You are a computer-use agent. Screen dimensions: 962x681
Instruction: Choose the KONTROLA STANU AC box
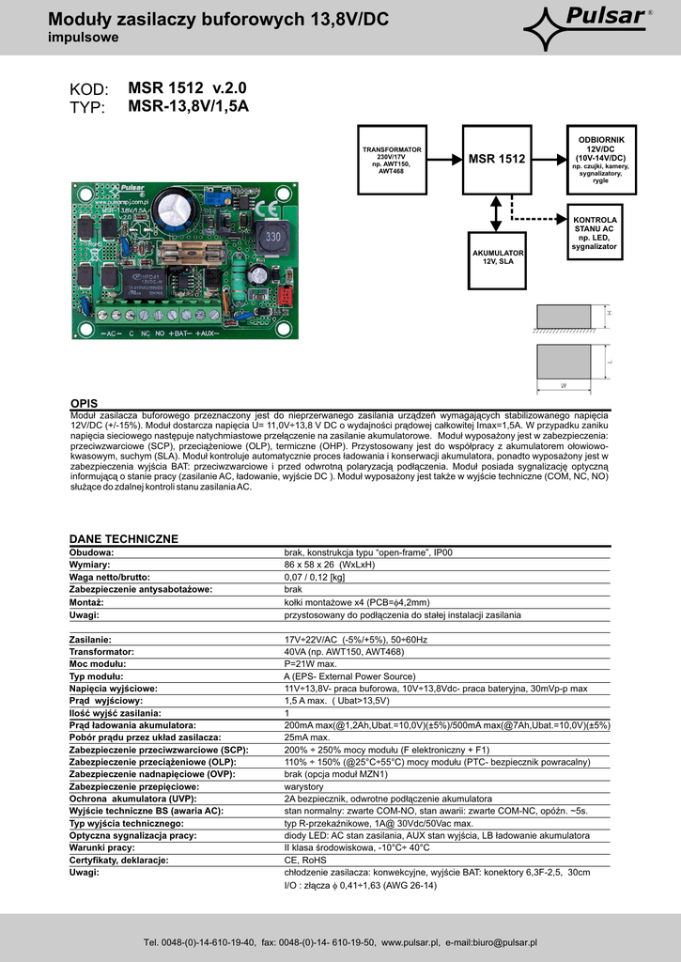595,233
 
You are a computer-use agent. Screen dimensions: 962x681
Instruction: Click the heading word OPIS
84,403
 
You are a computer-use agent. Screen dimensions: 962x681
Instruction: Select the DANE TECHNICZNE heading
123,538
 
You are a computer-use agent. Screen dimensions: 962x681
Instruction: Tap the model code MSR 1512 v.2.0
188,87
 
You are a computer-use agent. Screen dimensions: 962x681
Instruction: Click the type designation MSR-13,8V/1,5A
188,106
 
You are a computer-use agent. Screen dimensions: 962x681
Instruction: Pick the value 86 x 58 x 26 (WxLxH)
329,565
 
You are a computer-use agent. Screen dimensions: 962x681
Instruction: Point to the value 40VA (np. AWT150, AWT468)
344,651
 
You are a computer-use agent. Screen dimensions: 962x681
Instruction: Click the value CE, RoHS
306,861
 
